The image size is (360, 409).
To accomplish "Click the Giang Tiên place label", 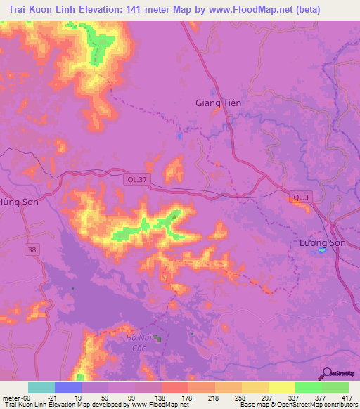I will [217, 103].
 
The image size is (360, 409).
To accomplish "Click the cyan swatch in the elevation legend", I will [41, 387].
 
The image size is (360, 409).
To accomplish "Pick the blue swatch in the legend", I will [68, 387].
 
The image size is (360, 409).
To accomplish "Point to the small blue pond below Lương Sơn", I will [321, 252].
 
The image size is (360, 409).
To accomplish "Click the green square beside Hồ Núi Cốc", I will [159, 339].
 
